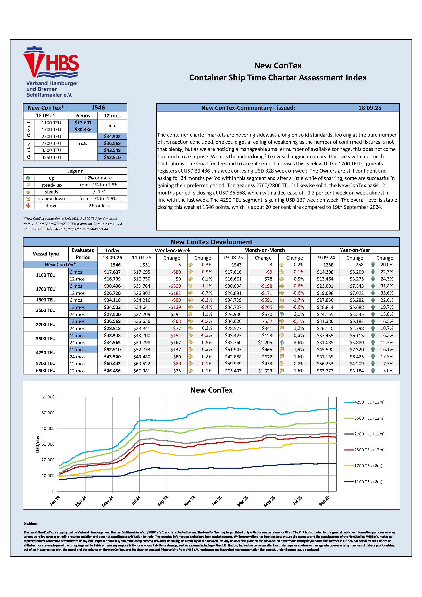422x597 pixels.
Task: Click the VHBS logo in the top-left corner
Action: click(x=51, y=71)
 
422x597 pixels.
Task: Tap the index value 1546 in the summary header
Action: click(x=98, y=108)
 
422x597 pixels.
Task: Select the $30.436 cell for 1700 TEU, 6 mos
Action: click(x=83, y=129)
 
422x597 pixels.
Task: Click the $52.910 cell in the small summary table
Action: click(x=112, y=157)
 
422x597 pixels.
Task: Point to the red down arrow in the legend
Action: click(x=28, y=206)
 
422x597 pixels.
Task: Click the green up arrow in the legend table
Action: click(x=28, y=178)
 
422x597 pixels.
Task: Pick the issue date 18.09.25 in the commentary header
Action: click(x=370, y=108)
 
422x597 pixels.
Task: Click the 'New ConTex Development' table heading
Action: click(x=211, y=242)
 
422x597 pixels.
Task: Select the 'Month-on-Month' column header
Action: click(x=264, y=250)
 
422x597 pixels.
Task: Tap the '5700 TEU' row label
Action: click(x=46, y=363)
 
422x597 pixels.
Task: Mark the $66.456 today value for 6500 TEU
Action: click(x=112, y=371)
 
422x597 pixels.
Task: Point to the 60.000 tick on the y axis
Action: click(x=48, y=397)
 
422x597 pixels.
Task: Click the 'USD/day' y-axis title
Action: click(x=38, y=444)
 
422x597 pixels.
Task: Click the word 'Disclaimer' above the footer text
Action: click(x=31, y=524)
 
